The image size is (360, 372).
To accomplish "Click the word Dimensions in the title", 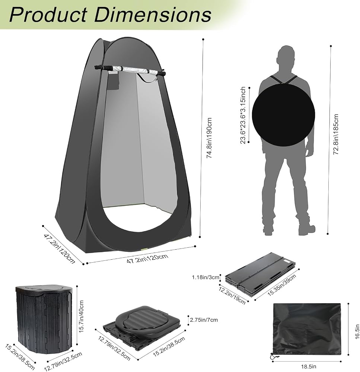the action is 153,15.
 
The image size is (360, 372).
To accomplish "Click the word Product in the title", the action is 48,15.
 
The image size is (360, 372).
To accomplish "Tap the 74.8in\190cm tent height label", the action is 209,138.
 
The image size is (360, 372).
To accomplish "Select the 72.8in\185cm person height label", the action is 336,134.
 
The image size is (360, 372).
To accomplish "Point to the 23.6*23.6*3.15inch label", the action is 243,115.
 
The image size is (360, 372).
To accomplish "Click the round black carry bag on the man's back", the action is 283,115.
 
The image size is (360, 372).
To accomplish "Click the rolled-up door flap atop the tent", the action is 130,70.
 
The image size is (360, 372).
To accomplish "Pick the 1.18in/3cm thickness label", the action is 206,277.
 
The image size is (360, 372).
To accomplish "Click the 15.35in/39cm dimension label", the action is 282,285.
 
